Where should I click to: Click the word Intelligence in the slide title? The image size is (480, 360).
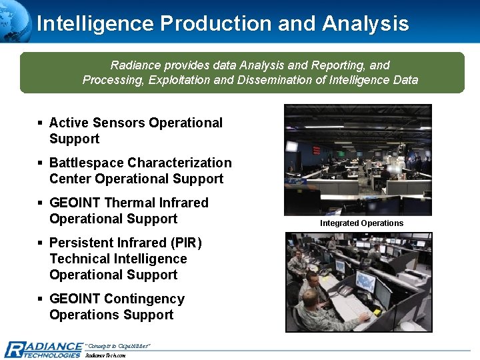(x=95, y=23)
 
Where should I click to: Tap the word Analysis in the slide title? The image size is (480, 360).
(x=365, y=23)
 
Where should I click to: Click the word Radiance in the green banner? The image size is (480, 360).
(x=133, y=65)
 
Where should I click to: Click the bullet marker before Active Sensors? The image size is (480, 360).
(x=41, y=123)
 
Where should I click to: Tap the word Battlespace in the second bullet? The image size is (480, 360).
(x=86, y=163)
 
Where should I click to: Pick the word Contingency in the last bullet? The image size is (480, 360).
(x=144, y=299)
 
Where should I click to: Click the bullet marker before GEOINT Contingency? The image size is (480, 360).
(x=41, y=299)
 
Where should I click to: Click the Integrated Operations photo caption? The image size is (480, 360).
(x=361, y=223)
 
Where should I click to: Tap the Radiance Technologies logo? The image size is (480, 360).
(x=43, y=349)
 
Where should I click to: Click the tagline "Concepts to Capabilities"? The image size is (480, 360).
(x=118, y=345)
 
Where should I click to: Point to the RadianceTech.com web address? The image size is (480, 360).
(x=105, y=355)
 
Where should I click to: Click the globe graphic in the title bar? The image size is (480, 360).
(x=15, y=17)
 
